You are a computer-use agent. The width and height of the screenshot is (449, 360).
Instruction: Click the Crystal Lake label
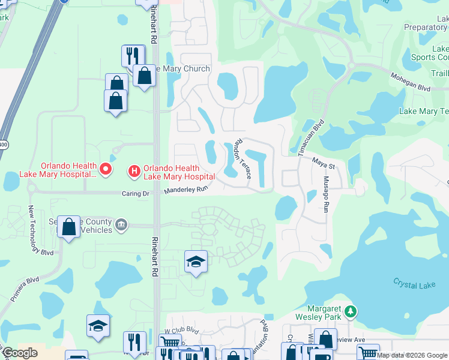click(414, 284)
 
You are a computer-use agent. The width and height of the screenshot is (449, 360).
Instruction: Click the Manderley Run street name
click(186, 190)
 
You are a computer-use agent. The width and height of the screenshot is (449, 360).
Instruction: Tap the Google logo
click(20, 353)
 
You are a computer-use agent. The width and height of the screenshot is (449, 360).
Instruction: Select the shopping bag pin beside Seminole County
click(69, 227)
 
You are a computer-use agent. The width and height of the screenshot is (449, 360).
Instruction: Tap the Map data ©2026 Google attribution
click(412, 355)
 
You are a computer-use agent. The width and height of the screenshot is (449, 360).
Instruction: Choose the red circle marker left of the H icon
click(106, 170)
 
